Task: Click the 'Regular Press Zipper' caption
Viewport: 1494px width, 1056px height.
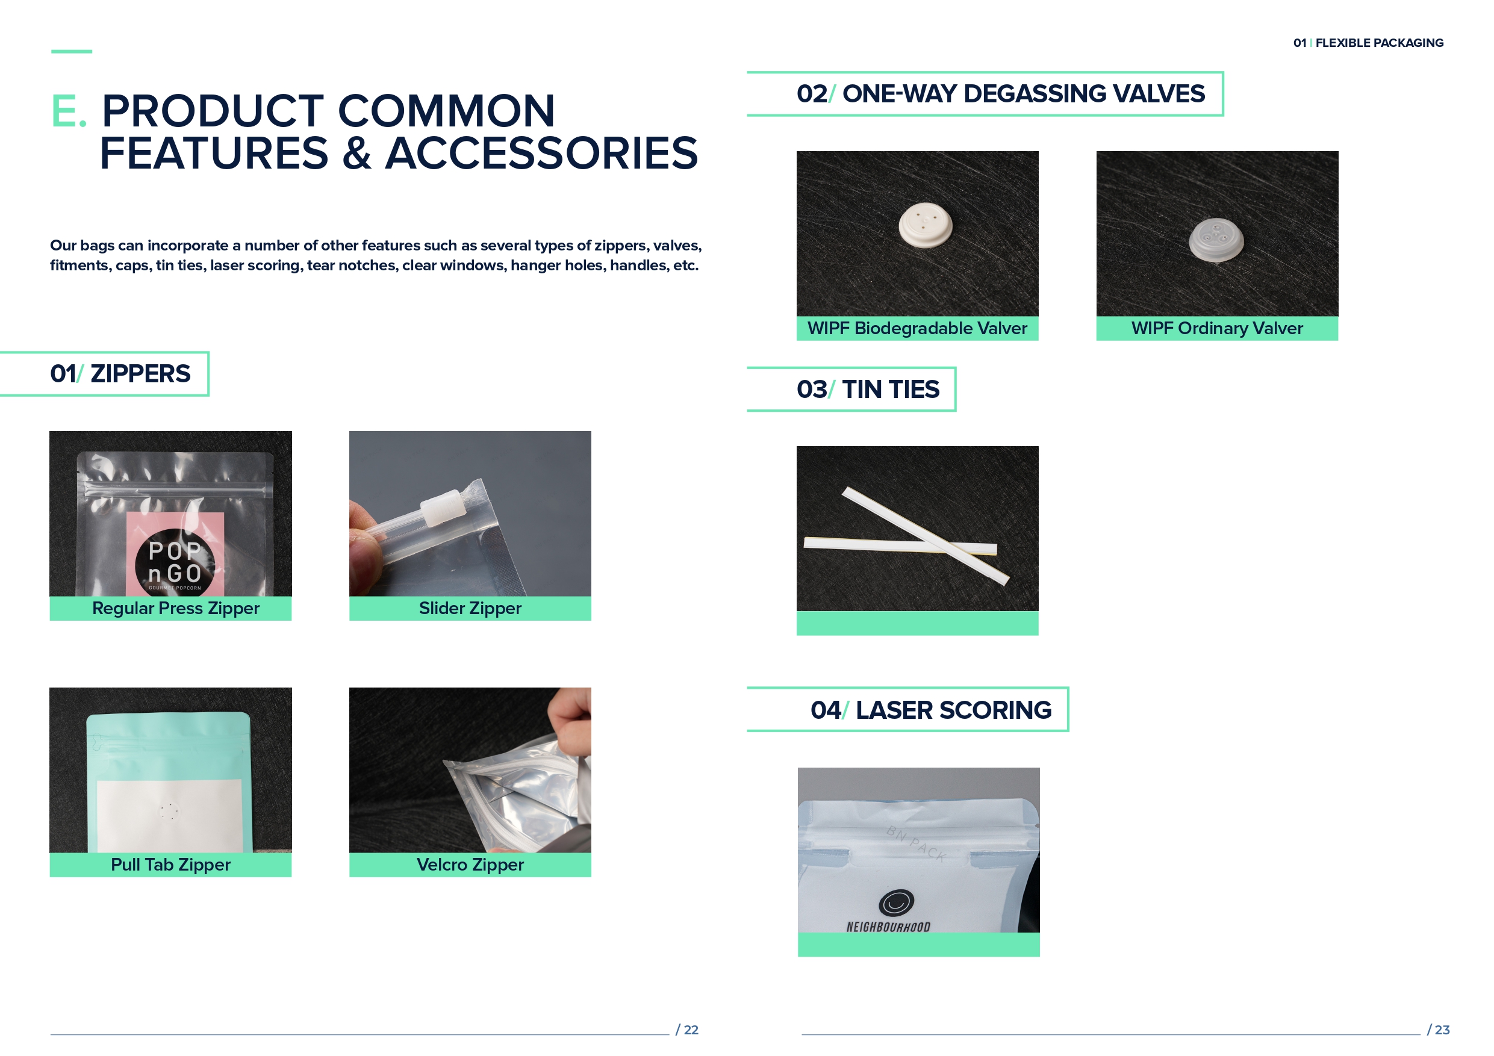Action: [x=176, y=608]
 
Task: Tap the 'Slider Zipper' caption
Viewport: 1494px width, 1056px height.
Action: [x=470, y=608]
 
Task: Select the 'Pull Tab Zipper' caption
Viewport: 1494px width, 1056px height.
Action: [x=170, y=865]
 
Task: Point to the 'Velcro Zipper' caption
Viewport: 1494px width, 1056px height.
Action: [x=470, y=865]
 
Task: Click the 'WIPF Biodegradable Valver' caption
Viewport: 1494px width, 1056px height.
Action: [x=917, y=329]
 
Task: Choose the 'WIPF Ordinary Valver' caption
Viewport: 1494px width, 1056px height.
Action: [x=1217, y=329]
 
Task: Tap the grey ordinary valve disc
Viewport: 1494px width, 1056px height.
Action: [x=1216, y=240]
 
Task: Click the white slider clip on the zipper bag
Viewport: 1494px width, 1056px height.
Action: [x=443, y=507]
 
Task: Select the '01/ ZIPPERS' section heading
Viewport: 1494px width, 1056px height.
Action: [x=120, y=374]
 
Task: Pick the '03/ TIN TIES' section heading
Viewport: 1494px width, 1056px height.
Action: [x=868, y=390]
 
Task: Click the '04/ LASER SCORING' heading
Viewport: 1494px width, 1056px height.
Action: [x=930, y=710]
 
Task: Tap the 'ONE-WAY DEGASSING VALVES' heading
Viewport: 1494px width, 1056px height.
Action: [x=1024, y=94]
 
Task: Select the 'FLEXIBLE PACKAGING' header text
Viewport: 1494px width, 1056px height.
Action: [x=1379, y=43]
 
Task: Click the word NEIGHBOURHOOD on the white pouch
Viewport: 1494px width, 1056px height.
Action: [x=888, y=927]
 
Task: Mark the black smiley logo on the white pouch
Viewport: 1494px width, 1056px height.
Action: [x=896, y=902]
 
